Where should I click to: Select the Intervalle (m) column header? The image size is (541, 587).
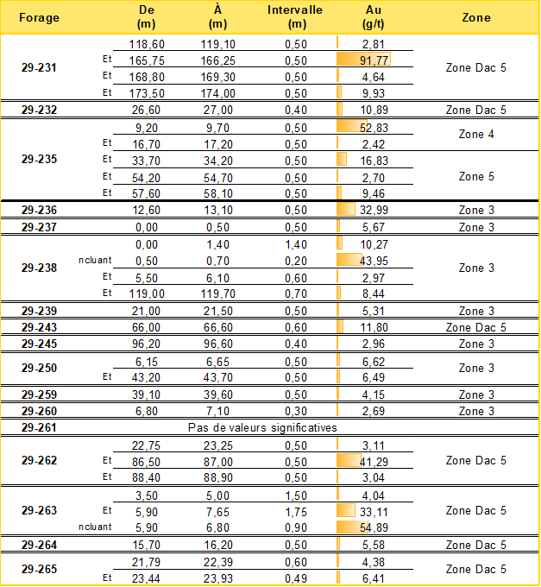pos(295,17)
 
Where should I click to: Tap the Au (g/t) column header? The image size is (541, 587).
pos(374,17)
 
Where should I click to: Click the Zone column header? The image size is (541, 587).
pos(476,17)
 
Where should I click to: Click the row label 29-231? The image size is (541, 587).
pos(39,67)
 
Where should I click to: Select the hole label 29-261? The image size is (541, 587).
pos(39,427)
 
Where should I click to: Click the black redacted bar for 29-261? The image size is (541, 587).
pos(263,426)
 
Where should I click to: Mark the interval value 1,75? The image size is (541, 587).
pos(295,511)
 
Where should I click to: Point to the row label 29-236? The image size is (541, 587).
pos(39,211)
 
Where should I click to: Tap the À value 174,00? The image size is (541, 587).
pos(217,93)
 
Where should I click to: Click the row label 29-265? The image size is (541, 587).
pos(39,570)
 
